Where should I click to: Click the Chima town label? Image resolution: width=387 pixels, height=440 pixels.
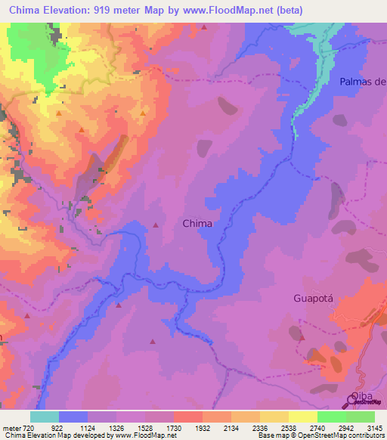click(x=197, y=224)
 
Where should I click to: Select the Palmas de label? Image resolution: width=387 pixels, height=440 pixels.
click(x=363, y=82)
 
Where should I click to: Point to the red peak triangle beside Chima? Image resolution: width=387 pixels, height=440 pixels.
click(x=156, y=225)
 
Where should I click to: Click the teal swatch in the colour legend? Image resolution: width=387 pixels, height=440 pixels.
click(x=45, y=417)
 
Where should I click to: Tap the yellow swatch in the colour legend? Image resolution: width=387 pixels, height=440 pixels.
click(x=303, y=417)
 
